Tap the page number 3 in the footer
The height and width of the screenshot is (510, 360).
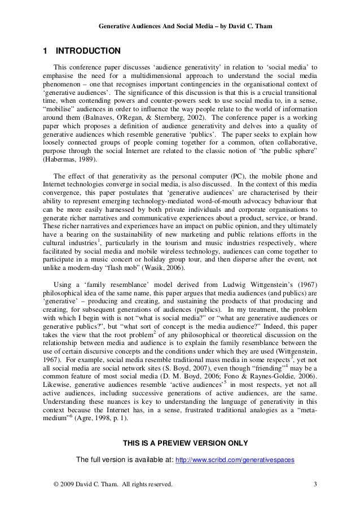[314, 485]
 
